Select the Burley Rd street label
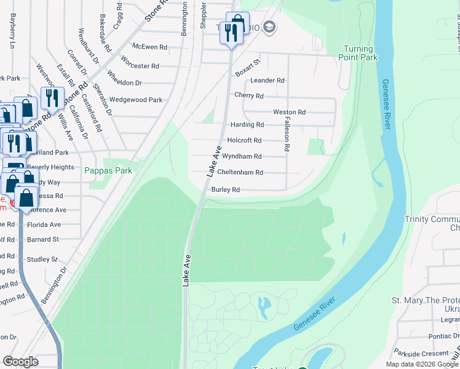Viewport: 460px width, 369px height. [225, 190]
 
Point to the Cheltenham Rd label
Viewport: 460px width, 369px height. [240, 173]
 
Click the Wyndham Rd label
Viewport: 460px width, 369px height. [242, 157]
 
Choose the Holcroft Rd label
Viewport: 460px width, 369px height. [244, 140]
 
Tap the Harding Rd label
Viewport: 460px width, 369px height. [247, 124]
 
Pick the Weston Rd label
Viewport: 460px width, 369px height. [289, 113]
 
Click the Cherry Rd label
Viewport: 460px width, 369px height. [248, 95]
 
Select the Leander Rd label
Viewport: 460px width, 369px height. [267, 81]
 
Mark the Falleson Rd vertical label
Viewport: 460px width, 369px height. [287, 135]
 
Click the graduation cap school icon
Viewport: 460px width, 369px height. [269, 27]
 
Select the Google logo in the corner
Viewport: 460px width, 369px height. [20, 362]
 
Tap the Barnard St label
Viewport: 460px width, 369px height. [42, 239]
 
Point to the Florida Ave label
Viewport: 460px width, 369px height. [44, 224]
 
